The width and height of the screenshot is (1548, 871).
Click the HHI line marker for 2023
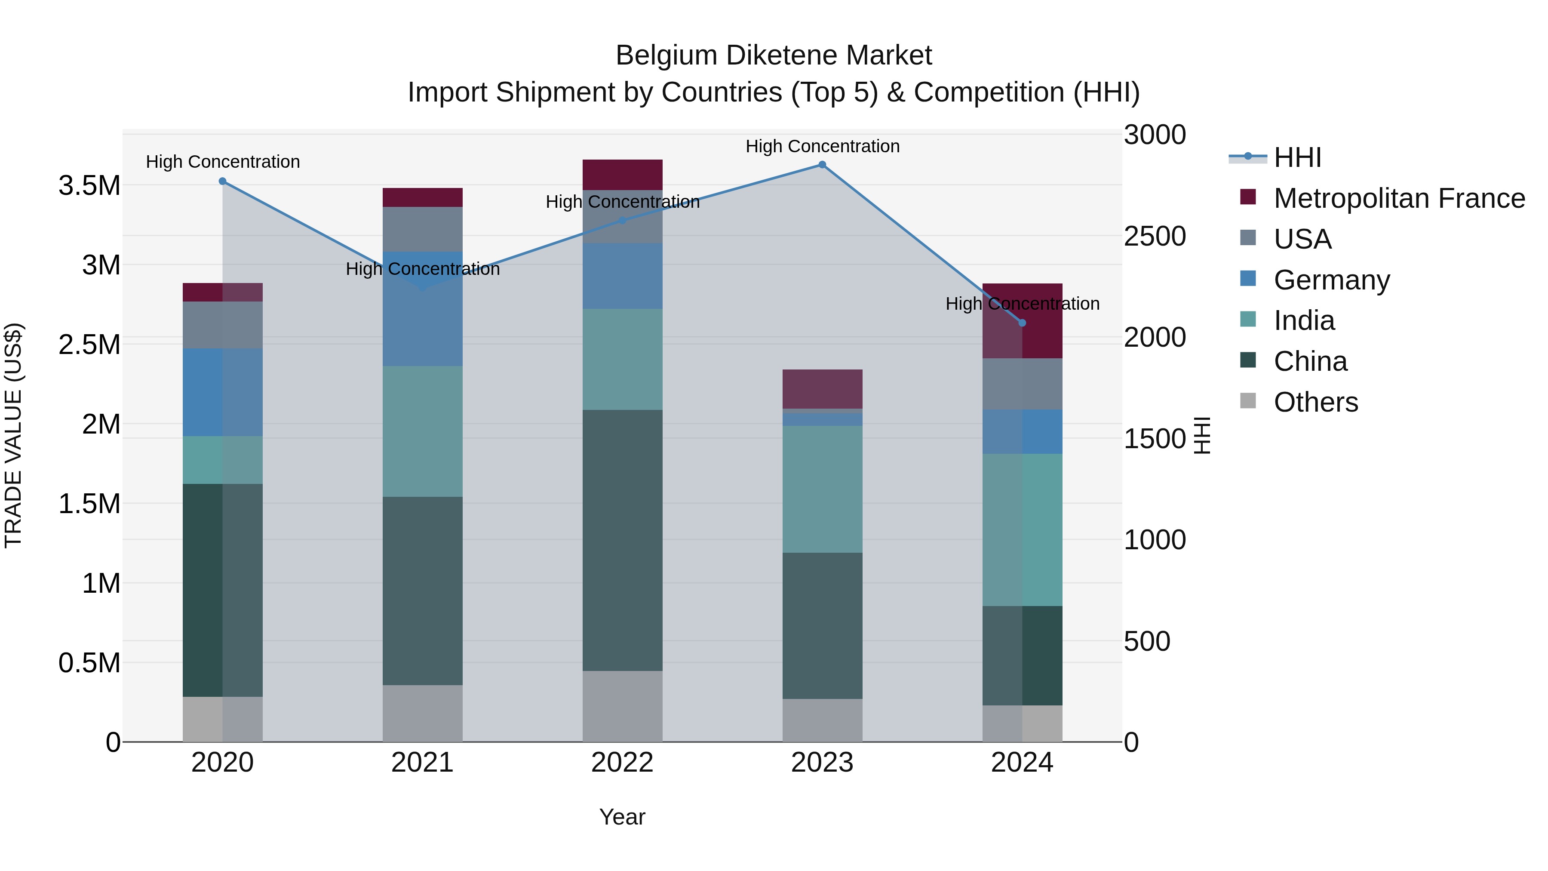(822, 165)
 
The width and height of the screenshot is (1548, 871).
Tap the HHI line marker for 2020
(222, 181)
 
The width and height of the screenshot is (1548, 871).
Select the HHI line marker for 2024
(1022, 323)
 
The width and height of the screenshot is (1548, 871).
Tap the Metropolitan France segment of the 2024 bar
(1022, 320)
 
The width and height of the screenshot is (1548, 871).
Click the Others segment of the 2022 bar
(623, 706)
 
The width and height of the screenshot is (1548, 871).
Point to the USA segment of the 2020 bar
(222, 325)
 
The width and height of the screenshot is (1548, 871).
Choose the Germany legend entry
(1331, 280)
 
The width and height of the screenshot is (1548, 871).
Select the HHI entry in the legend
(1297, 157)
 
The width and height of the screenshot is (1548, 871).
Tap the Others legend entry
(1315, 402)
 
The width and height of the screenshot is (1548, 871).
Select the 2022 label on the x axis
(623, 763)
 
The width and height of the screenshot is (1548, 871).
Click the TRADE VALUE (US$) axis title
(13, 435)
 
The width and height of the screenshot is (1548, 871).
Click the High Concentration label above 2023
(822, 146)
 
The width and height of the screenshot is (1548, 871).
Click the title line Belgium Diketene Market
(774, 55)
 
